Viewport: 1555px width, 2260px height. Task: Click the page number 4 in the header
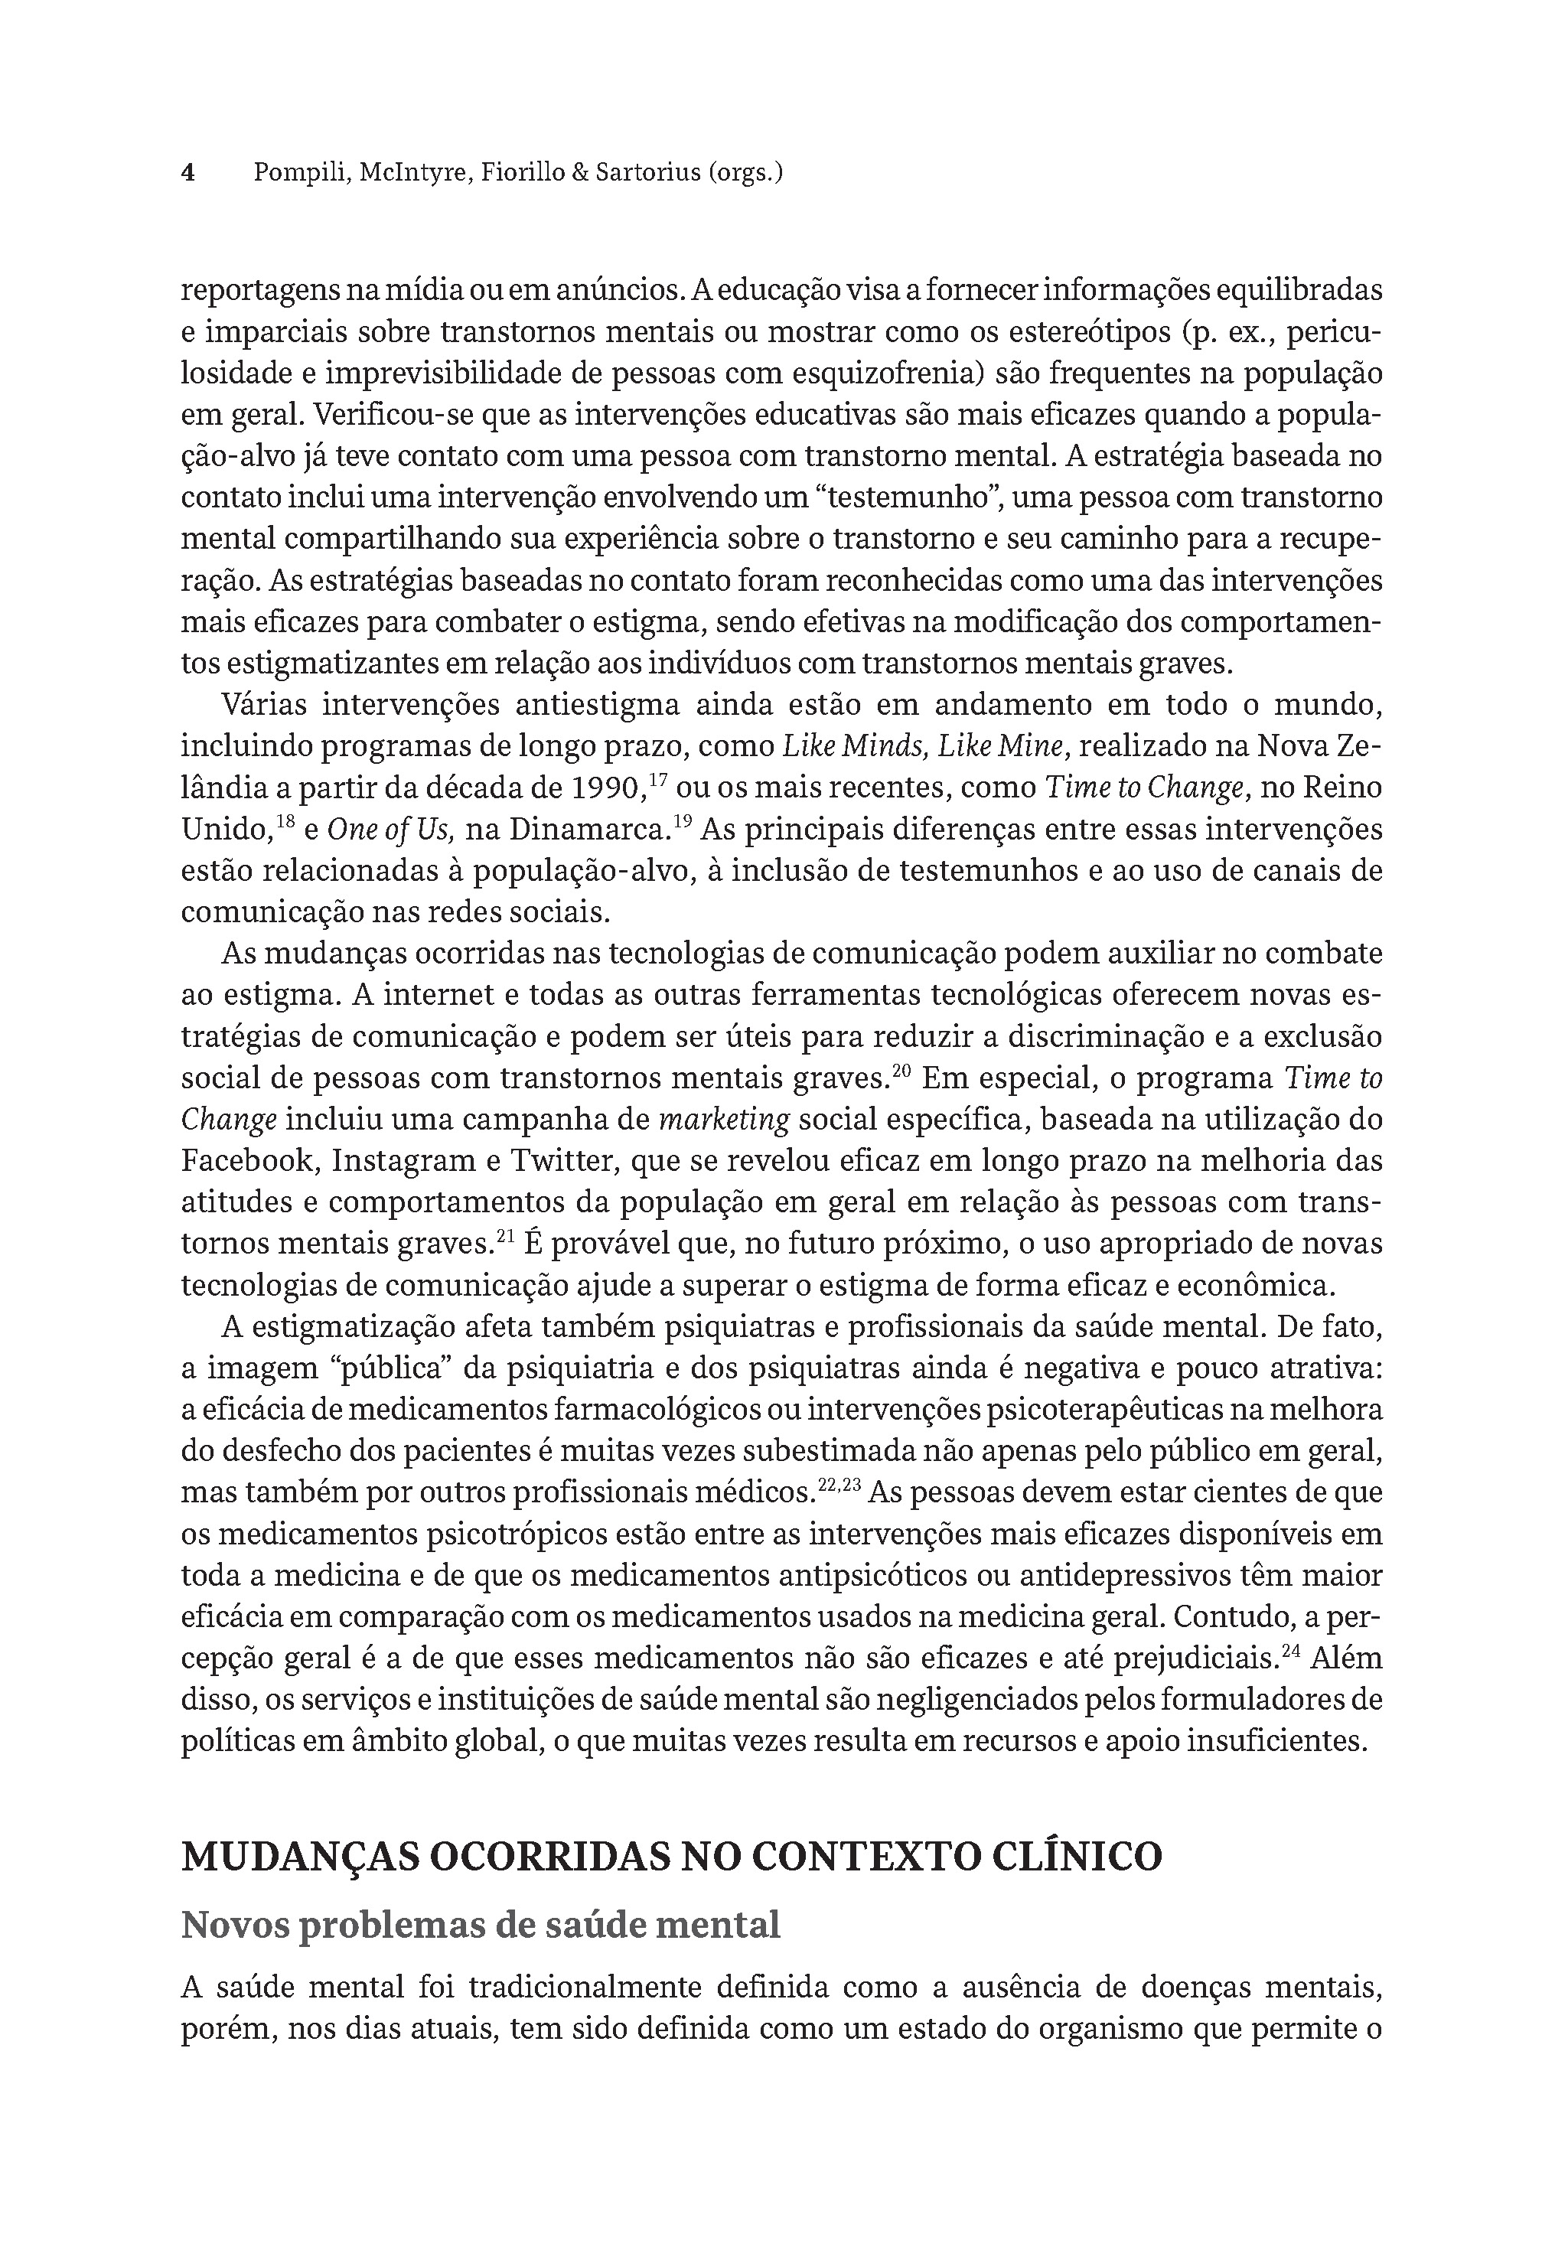[189, 174]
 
